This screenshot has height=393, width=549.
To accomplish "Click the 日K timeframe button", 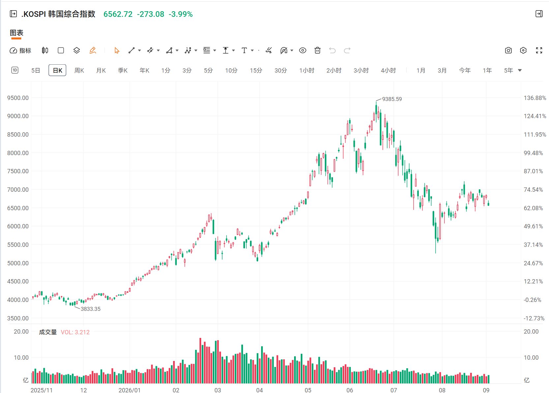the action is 57,70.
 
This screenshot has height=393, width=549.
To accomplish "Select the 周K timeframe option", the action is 79,71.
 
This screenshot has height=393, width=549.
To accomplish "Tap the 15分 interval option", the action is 256,71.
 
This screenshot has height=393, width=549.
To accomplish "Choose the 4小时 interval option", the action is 388,71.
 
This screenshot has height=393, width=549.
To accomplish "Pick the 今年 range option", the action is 465,71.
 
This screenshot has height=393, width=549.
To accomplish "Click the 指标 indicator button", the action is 20,50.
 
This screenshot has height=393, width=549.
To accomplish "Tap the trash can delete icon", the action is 318,50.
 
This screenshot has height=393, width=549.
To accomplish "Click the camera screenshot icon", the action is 508,50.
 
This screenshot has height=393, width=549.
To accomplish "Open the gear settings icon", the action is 523,50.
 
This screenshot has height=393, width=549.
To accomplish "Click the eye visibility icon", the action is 303,50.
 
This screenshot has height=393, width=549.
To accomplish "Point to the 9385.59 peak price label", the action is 392,99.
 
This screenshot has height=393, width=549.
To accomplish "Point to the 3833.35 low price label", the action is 91,309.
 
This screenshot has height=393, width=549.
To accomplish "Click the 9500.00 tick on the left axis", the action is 18,98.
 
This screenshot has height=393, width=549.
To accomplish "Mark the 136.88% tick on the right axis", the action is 535,98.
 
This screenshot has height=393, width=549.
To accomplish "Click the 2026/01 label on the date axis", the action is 129,390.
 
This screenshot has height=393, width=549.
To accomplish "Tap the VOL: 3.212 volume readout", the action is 75,332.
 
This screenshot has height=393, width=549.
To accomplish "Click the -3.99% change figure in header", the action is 181,14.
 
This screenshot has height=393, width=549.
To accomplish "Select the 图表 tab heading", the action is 16,33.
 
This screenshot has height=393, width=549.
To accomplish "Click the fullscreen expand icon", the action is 539,50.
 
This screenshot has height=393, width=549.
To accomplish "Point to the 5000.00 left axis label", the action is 18,263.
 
